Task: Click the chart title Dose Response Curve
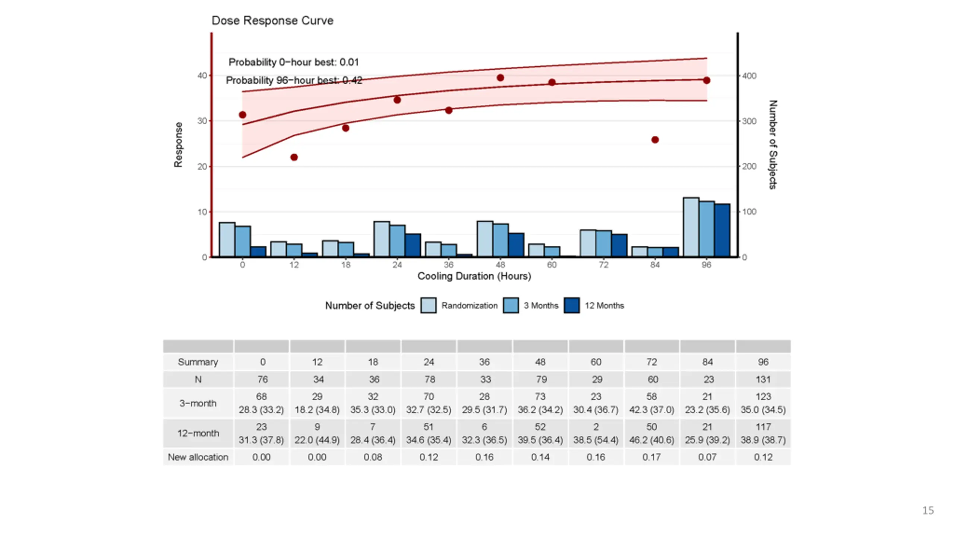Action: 272,21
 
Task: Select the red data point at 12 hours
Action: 294,157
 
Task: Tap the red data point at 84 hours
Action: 655,140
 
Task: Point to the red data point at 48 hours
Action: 500,78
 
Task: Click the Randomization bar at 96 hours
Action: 691,227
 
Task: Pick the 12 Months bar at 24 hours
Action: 413,245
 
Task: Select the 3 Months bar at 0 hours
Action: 243,241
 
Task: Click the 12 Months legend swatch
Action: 571,305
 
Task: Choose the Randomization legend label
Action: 469,306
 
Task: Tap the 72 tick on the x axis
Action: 603,265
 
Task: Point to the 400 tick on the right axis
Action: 749,76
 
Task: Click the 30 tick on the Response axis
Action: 202,121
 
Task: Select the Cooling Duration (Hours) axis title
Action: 474,276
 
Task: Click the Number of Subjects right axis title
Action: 773,144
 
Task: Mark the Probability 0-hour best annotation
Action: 293,62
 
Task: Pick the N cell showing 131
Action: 763,380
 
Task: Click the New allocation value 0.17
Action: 651,457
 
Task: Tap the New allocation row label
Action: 198,457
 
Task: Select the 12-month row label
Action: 198,433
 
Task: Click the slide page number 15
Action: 928,511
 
